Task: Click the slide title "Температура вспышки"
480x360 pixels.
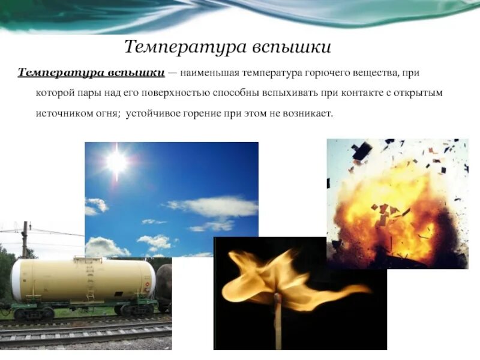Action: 227,47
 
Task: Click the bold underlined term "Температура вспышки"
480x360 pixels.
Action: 91,73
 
